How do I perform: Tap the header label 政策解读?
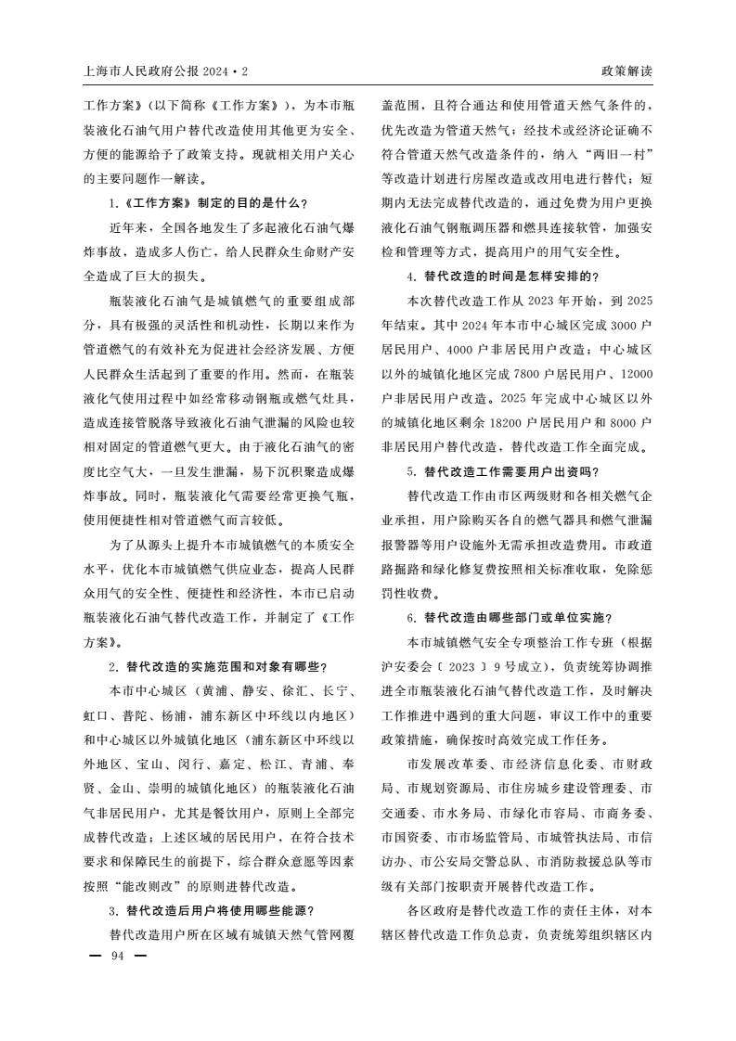pyautogui.click(x=626, y=71)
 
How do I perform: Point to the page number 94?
pyautogui.click(x=117, y=956)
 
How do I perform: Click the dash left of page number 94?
pyautogui.click(x=93, y=956)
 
